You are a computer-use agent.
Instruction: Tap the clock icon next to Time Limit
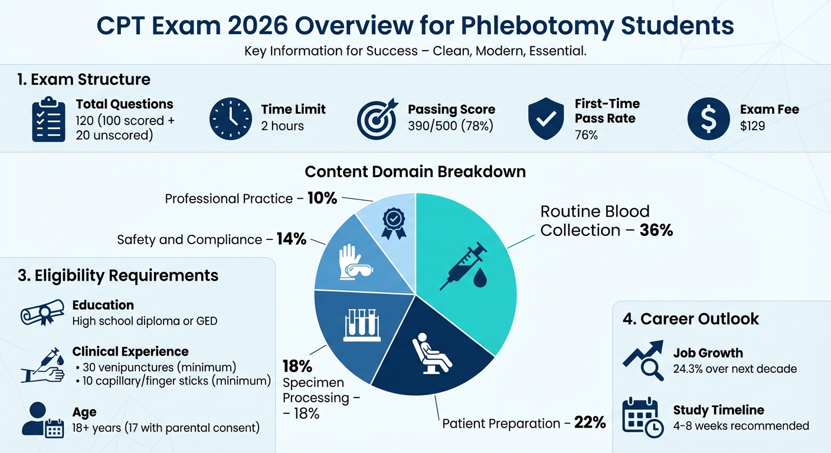click(x=230, y=119)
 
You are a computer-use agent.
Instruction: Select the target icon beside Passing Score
click(x=377, y=119)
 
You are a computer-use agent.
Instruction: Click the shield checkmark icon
click(x=547, y=119)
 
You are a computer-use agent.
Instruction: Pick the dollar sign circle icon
click(x=708, y=119)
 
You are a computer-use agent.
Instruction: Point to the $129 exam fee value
click(x=753, y=126)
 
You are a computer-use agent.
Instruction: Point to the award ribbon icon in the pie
click(x=394, y=224)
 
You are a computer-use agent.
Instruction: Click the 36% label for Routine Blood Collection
click(x=656, y=230)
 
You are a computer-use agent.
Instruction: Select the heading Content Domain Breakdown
click(x=415, y=172)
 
